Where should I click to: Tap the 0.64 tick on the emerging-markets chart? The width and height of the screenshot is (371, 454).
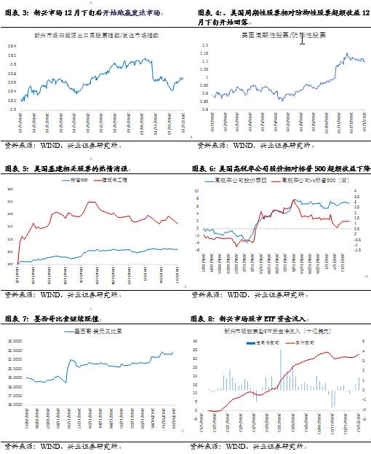coord(13,45)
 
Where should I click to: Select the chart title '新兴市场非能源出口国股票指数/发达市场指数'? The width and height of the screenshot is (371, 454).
coord(96,35)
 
